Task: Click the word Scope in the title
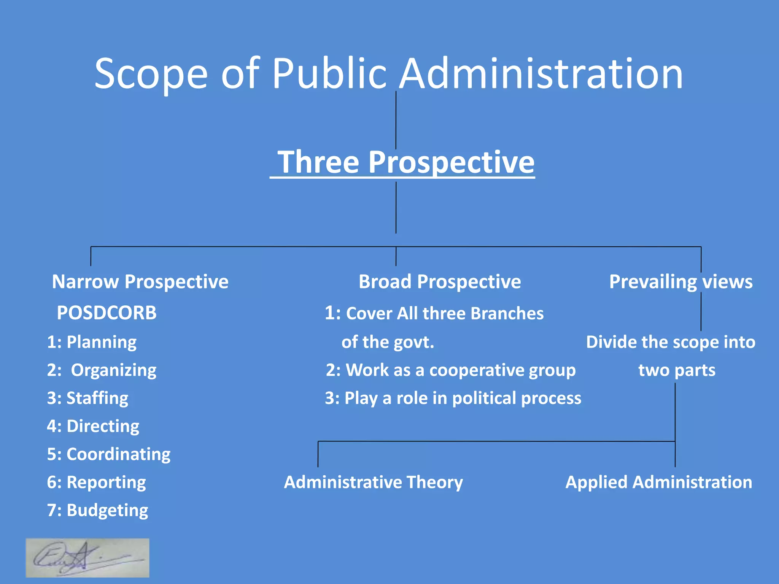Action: coord(151,74)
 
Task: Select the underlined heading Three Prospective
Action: coord(405,162)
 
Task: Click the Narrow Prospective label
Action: coord(140,282)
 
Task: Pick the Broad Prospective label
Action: coord(440,282)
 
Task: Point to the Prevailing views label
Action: coord(680,282)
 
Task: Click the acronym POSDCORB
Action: coord(107,313)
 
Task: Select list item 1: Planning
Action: coord(92,342)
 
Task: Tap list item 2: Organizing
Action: coord(102,370)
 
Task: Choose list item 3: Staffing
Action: coord(87,398)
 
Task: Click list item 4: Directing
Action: coord(93,426)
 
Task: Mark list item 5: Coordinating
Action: coord(108,454)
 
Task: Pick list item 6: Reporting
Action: coord(96,482)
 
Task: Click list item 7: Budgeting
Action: coord(97,510)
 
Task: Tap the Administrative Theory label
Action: coord(373,482)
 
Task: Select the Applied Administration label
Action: coord(658,482)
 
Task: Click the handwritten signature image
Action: coord(87,558)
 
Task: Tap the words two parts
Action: coord(677,370)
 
